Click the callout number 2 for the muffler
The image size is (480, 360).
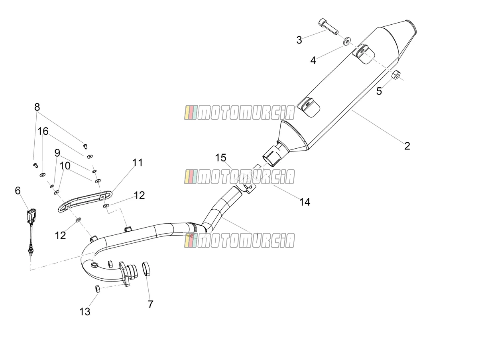pos(407,146)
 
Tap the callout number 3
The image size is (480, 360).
pos(299,40)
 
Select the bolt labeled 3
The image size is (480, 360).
pos(328,27)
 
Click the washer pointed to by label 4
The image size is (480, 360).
pos(347,41)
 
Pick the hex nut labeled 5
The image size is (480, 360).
pos(396,75)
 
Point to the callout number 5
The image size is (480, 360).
pos(379,91)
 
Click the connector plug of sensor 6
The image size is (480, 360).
pos(31,216)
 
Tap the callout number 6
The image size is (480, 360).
pos(18,191)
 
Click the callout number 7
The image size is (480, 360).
pos(150,304)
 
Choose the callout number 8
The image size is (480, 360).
pos(37,107)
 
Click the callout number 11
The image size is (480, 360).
pos(138,163)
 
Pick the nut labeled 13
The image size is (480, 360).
pos(98,289)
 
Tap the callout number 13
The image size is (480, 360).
pos(85,312)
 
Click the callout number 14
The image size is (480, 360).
pos(305,202)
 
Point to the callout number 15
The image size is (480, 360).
pos(220,157)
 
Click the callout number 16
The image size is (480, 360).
pos(43,132)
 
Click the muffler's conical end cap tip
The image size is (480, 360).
pos(411,26)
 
